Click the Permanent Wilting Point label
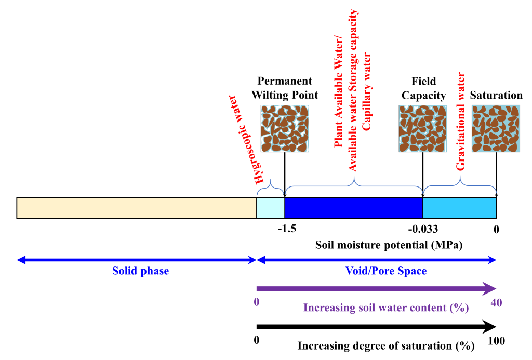point(285,88)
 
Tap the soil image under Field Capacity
point(423,128)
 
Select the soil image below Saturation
point(496,128)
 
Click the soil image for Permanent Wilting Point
point(285,128)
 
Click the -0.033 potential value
point(423,229)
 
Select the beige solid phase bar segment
point(137,208)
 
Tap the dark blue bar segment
point(353,208)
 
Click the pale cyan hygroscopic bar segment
point(271,208)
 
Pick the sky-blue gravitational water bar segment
point(460,208)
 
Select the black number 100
point(496,341)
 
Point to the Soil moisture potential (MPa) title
point(389,244)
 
